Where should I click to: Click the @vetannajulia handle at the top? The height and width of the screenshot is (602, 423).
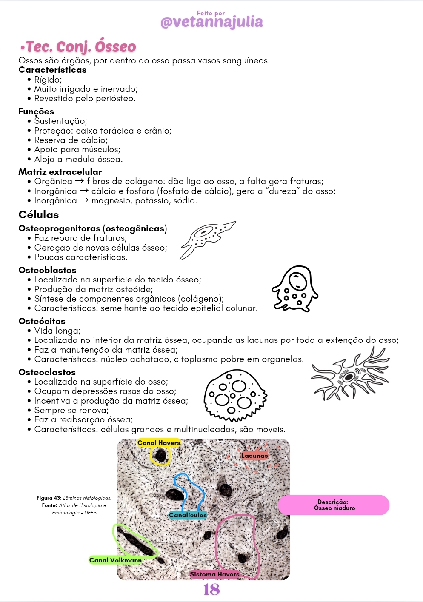coord(211,22)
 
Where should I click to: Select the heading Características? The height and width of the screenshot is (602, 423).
coord(52,70)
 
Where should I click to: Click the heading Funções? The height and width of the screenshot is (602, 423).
coord(36,111)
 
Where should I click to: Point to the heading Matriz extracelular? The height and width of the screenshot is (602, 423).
coord(60,172)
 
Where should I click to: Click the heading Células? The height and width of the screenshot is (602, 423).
coord(39,214)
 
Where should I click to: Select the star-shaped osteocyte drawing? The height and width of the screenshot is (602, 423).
coord(350,374)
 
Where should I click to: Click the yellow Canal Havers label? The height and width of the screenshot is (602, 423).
coord(159,443)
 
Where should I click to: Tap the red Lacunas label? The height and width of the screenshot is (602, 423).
coord(254,456)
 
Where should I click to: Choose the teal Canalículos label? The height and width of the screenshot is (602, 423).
coord(188,515)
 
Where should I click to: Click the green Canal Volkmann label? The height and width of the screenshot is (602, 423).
coord(115,560)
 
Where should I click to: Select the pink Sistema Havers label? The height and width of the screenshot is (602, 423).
coord(214,574)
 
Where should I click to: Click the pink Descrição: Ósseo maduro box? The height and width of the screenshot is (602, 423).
coord(334,505)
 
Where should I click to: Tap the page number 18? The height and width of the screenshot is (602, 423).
coord(211,589)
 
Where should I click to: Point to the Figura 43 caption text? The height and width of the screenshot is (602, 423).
coord(74,505)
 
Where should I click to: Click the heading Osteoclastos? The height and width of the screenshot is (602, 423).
coord(47,372)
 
